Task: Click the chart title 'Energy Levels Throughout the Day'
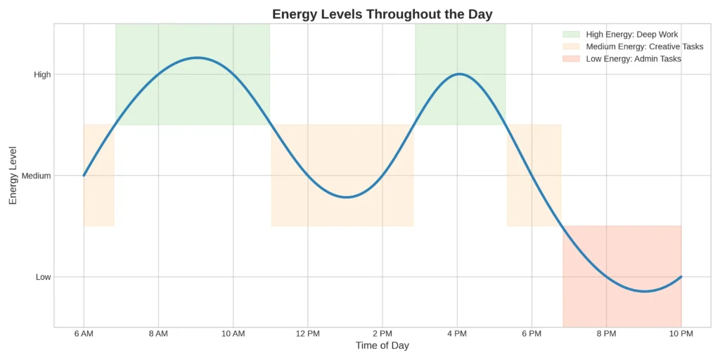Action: (382, 14)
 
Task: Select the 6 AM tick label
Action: (84, 333)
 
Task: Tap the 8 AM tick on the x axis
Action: (158, 333)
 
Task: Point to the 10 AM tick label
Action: (233, 333)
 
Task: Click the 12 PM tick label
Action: (307, 333)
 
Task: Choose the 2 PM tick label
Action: (382, 333)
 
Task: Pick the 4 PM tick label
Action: (457, 333)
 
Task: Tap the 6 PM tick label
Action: (532, 333)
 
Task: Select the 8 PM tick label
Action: (606, 333)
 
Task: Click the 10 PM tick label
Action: (681, 333)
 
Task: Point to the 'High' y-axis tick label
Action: (42, 75)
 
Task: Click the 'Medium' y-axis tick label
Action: (37, 176)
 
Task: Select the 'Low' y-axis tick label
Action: (44, 277)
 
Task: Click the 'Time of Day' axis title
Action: (382, 346)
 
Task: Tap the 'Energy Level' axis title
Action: (13, 176)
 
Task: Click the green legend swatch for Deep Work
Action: (570, 34)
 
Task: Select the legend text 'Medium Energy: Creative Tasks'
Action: (644, 46)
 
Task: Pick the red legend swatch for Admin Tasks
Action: (570, 59)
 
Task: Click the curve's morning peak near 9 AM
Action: (197, 58)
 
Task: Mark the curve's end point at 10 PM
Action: (681, 277)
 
